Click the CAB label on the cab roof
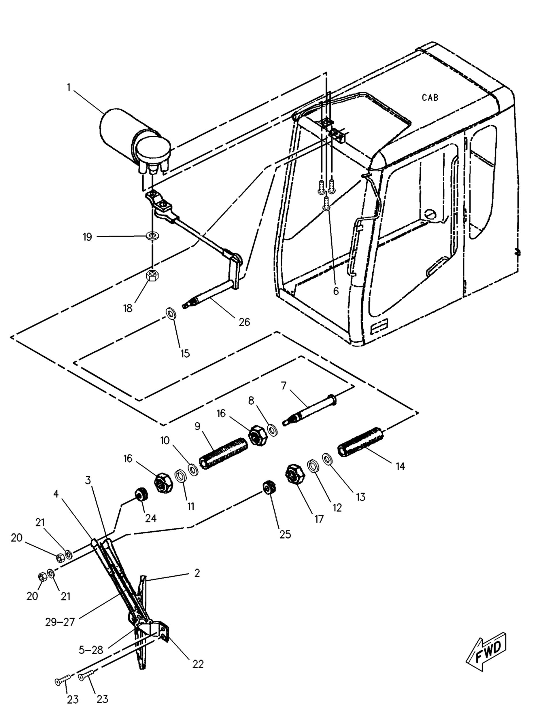click(x=430, y=98)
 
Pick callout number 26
click(x=244, y=322)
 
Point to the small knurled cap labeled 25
click(x=269, y=488)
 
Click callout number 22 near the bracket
click(x=198, y=664)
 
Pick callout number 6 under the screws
click(x=336, y=291)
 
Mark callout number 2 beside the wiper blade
click(x=197, y=573)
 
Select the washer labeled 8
click(x=272, y=430)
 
